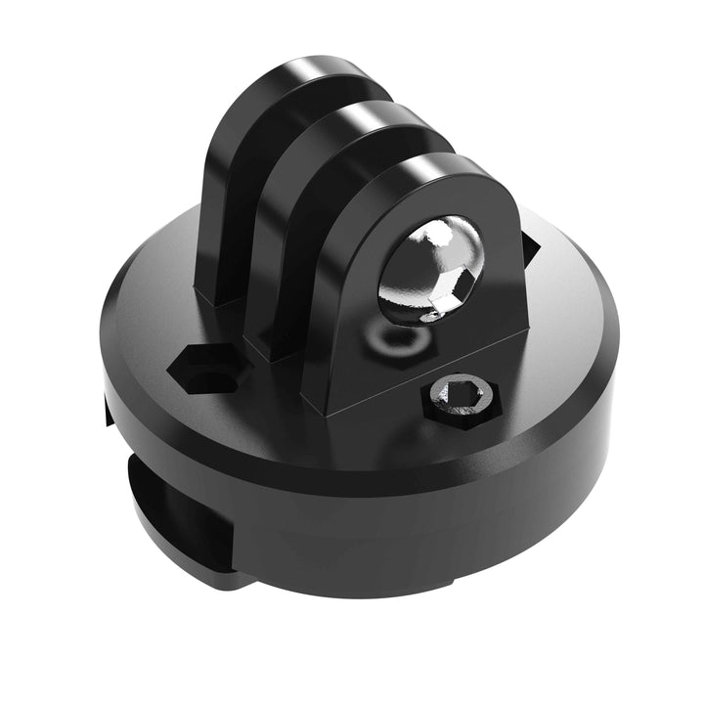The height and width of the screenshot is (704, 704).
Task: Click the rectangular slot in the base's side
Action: point(181,508)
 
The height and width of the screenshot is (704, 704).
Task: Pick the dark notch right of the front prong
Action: point(529,247)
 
